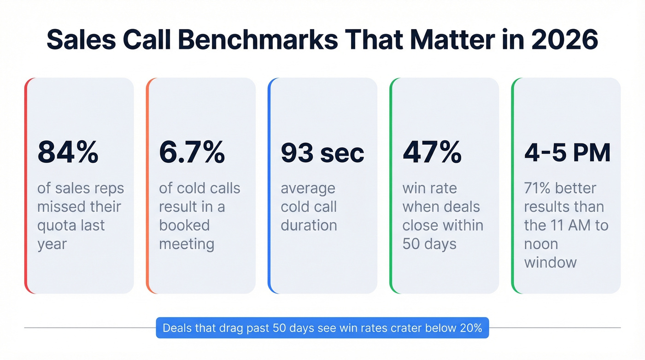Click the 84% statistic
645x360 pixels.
click(x=68, y=153)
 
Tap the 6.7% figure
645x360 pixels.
click(x=192, y=153)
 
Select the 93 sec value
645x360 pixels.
click(x=322, y=153)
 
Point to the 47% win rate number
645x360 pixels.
click(x=432, y=153)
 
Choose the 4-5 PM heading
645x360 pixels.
click(x=567, y=153)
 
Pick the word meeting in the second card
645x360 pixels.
click(x=187, y=244)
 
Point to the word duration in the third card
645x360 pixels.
click(x=309, y=225)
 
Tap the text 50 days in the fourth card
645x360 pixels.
click(x=429, y=244)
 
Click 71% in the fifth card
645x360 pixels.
click(x=538, y=188)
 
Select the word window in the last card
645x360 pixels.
click(x=550, y=262)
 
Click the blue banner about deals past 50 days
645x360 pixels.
click(x=322, y=328)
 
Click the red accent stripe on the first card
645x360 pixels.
click(x=26, y=184)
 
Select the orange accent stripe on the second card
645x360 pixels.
click(x=147, y=184)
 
